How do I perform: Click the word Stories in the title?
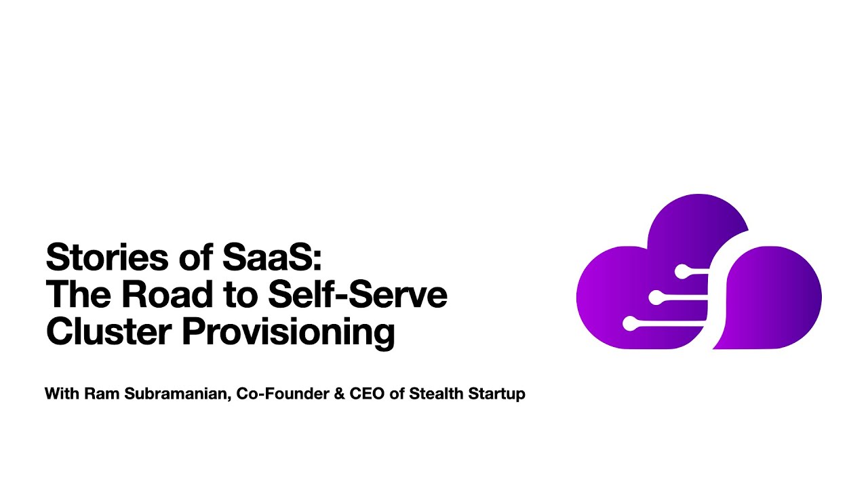point(109,258)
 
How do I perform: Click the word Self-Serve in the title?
point(357,295)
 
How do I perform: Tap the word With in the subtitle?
point(62,394)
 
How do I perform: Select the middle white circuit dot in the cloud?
point(655,298)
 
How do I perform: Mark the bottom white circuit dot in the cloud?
point(630,324)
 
